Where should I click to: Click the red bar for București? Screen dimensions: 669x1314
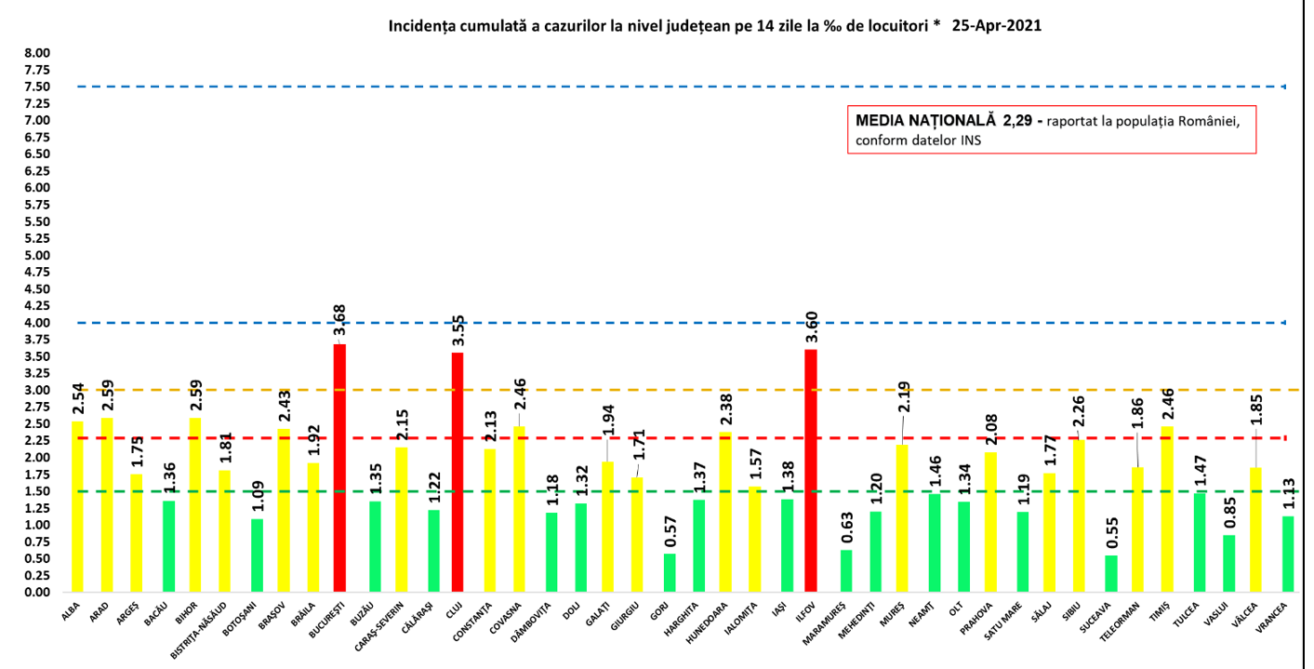(339, 468)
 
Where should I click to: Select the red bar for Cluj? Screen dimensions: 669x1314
(457, 472)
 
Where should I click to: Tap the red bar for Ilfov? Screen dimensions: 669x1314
(810, 470)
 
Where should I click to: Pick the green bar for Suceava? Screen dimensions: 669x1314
(1111, 573)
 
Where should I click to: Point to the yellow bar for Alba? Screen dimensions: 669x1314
(77, 506)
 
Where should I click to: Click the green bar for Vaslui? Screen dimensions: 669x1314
(1229, 563)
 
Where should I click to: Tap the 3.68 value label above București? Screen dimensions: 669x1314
(339, 318)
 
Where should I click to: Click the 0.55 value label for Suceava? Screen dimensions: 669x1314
(1111, 529)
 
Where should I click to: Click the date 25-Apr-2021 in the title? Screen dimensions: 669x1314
(996, 26)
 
